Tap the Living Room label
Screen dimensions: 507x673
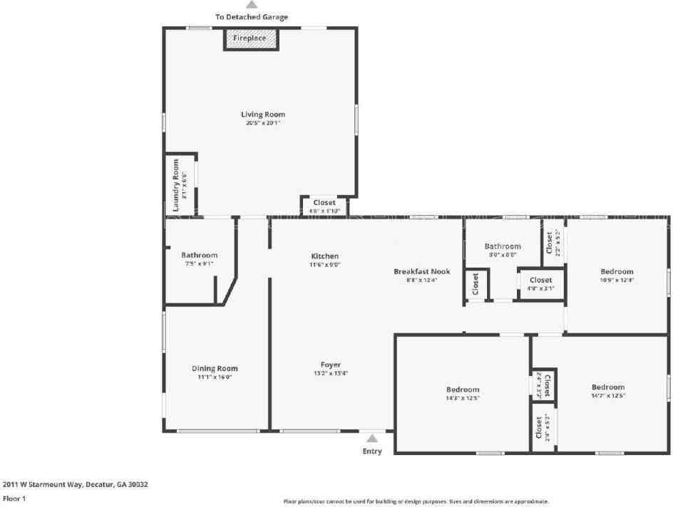pyautogui.click(x=263, y=114)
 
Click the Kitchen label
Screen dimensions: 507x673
pyautogui.click(x=325, y=256)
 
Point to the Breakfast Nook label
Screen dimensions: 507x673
pyautogui.click(x=421, y=271)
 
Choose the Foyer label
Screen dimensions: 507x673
pyautogui.click(x=331, y=364)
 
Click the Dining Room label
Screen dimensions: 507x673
pyautogui.click(x=215, y=368)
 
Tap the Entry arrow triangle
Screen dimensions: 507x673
pyautogui.click(x=372, y=439)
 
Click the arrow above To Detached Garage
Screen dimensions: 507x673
pyautogui.click(x=252, y=5)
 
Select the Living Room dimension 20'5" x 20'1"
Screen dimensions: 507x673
pyautogui.click(x=263, y=123)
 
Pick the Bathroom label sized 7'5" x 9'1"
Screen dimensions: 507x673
pyautogui.click(x=199, y=255)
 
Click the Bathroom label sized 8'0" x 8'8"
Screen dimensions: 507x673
pyautogui.click(x=503, y=246)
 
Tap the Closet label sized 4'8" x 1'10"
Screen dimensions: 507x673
pyautogui.click(x=324, y=203)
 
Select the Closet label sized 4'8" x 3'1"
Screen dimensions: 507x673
pyautogui.click(x=540, y=281)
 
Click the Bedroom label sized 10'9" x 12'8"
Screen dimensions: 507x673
pyautogui.click(x=617, y=271)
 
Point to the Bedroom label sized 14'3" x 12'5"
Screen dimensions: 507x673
pyautogui.click(x=463, y=390)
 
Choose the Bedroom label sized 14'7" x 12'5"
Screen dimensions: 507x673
pyautogui.click(x=607, y=387)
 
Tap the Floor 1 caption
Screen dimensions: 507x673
pyautogui.click(x=14, y=499)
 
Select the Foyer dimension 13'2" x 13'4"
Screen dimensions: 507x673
pyautogui.click(x=331, y=373)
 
